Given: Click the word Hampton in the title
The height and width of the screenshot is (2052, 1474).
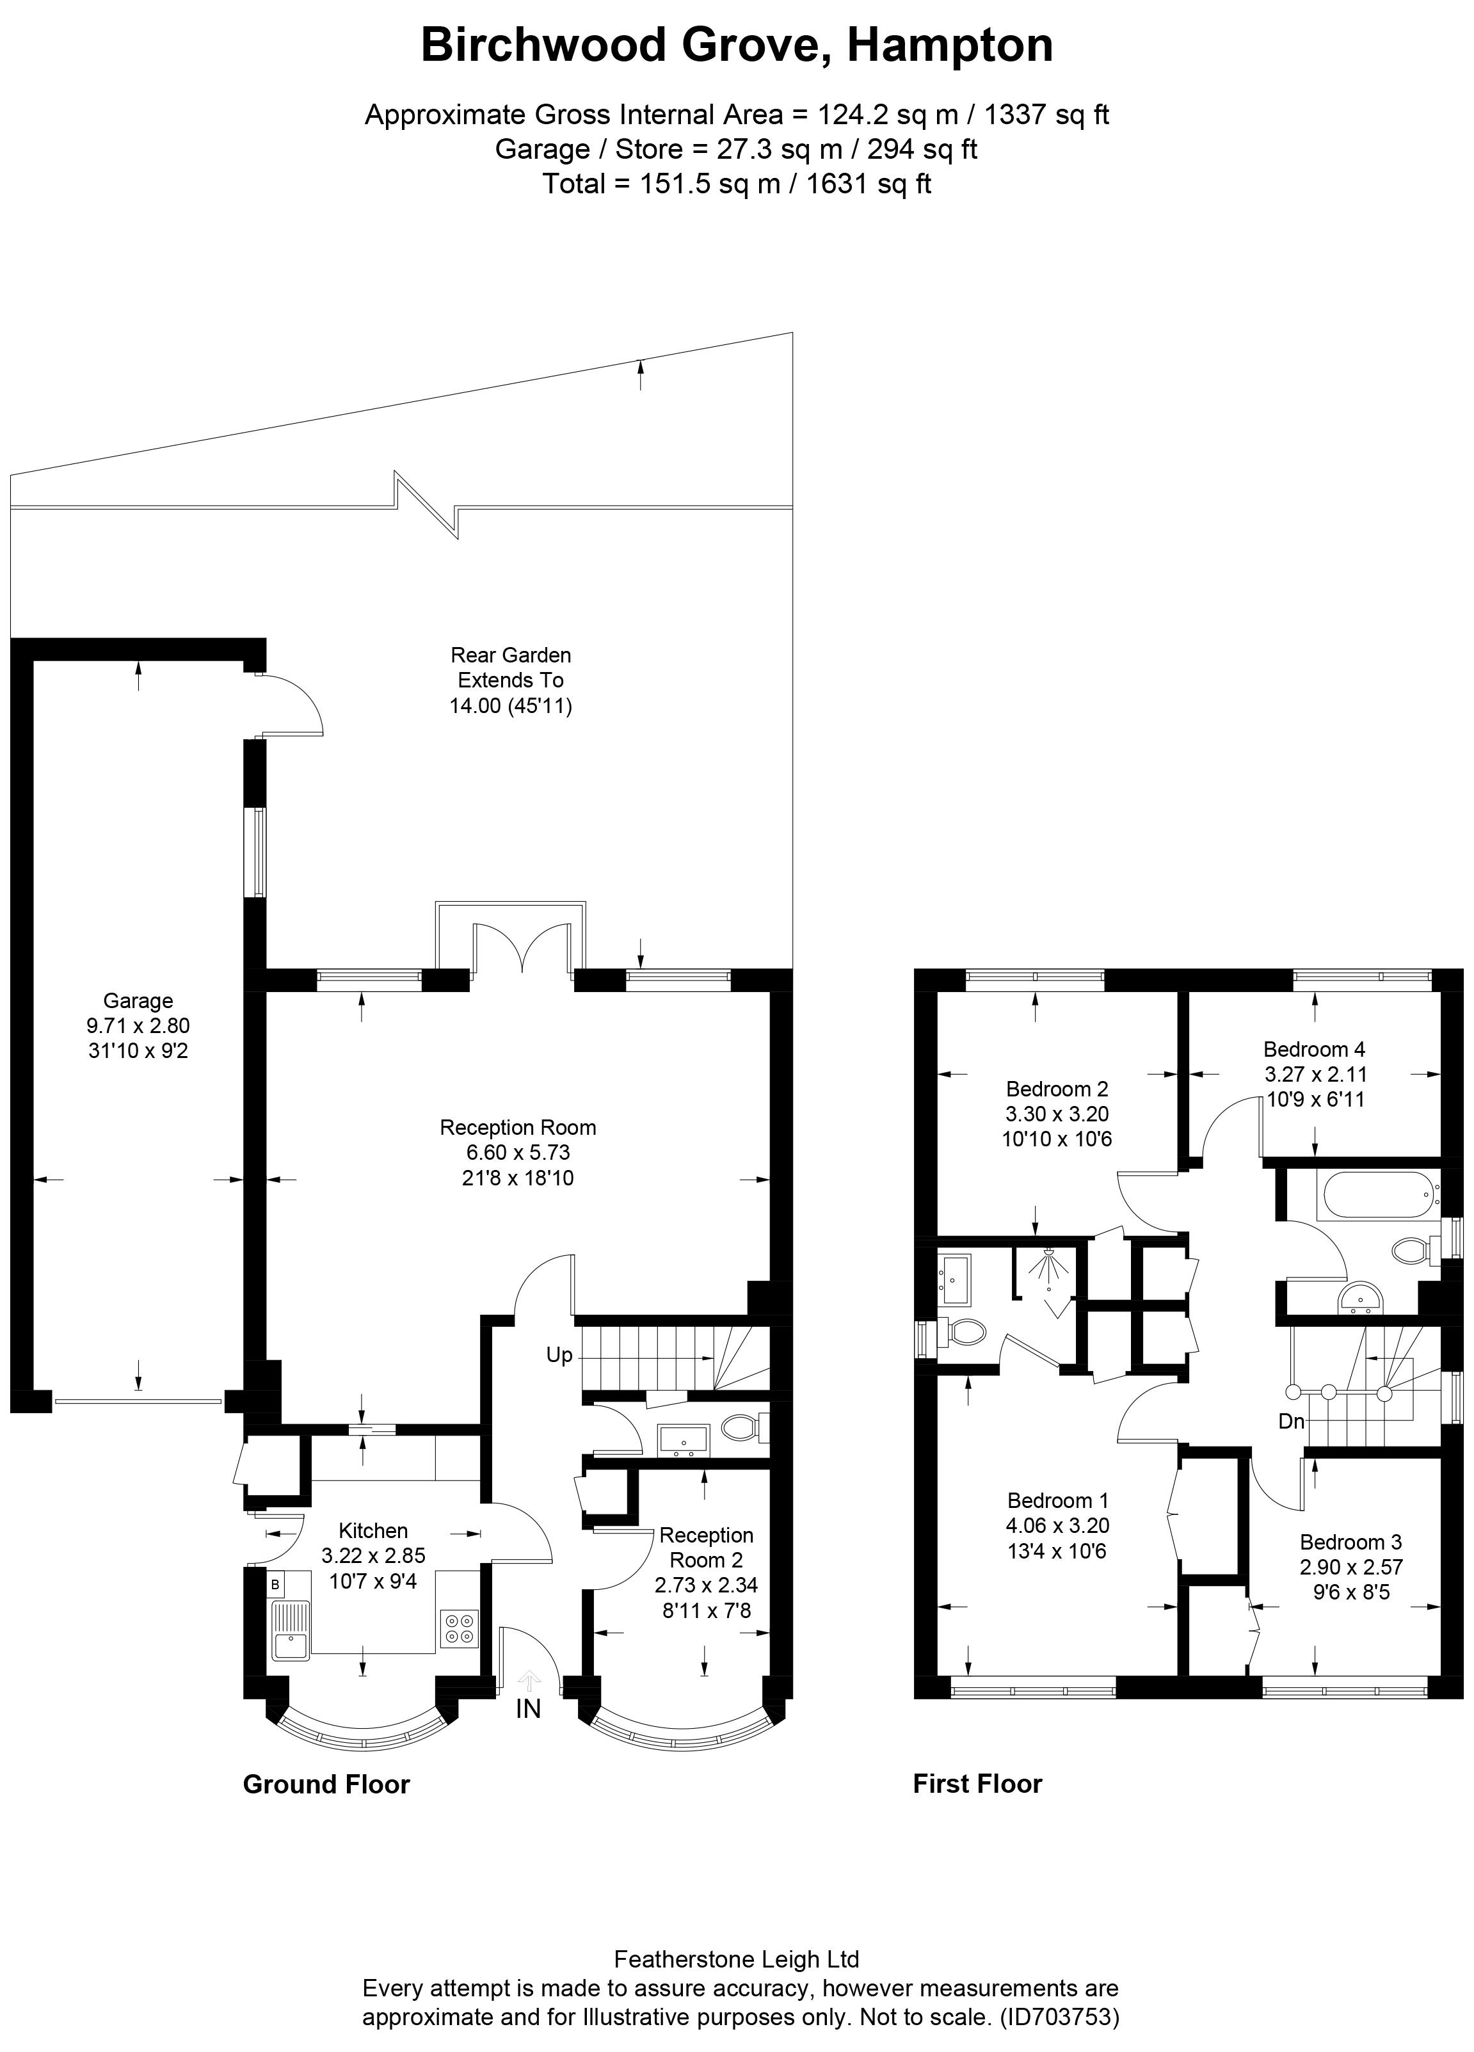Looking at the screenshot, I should (x=949, y=45).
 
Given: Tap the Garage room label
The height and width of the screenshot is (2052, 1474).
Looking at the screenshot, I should (x=138, y=1000).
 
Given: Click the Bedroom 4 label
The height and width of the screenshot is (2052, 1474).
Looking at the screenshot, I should (x=1314, y=1050).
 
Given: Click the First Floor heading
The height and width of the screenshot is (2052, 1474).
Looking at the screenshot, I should (x=977, y=1783).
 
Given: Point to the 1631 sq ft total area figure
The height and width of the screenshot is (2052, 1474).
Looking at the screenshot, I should (x=868, y=184).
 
